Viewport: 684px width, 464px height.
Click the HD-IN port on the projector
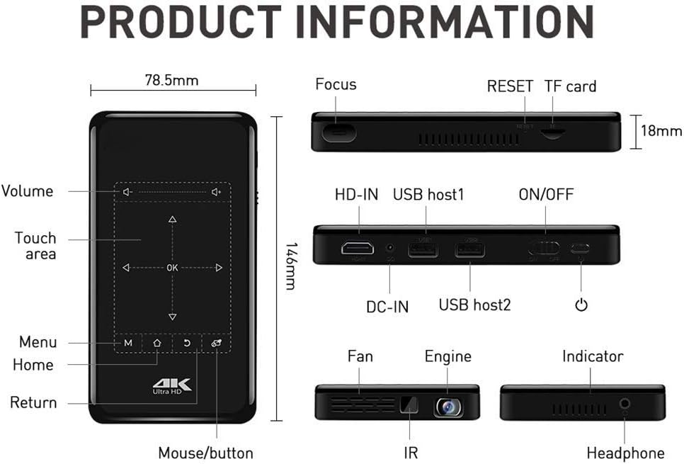click(x=358, y=249)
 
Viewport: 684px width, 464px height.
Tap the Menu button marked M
click(x=128, y=343)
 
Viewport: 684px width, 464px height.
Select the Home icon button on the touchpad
click(x=157, y=343)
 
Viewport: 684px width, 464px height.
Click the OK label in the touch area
click(x=172, y=268)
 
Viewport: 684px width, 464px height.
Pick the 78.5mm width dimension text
click(x=171, y=80)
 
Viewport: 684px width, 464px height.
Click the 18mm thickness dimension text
click(x=661, y=131)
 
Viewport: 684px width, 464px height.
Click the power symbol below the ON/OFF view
click(x=581, y=305)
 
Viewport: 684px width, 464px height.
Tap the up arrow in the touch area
click(x=172, y=220)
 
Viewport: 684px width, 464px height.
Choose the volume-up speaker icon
click(x=217, y=191)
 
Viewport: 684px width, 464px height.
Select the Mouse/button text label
click(x=205, y=453)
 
